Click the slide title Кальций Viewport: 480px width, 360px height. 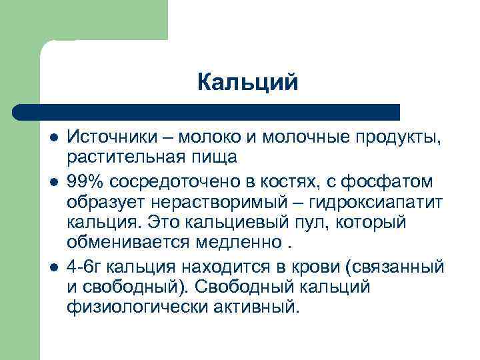tap(247, 83)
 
